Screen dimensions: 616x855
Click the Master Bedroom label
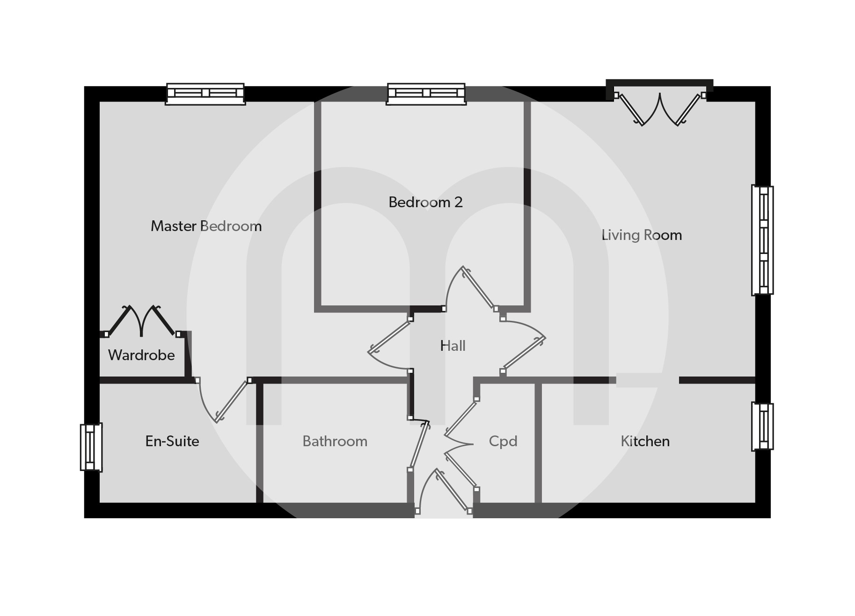(206, 226)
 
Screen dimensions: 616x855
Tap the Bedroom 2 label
(425, 202)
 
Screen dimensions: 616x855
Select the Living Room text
(642, 235)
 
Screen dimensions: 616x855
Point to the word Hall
(453, 346)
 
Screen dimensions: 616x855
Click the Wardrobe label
(141, 355)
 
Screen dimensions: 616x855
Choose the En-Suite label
(172, 441)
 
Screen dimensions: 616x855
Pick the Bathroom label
(335, 441)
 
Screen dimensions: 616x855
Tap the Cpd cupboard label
(503, 441)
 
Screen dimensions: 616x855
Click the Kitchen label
(645, 441)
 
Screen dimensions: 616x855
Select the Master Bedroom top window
(205, 94)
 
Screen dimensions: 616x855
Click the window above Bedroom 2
(426, 94)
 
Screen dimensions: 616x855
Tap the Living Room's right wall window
(762, 240)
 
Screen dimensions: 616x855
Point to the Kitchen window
(762, 426)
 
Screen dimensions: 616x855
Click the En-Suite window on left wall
(91, 447)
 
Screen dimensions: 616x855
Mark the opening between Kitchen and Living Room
(647, 380)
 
